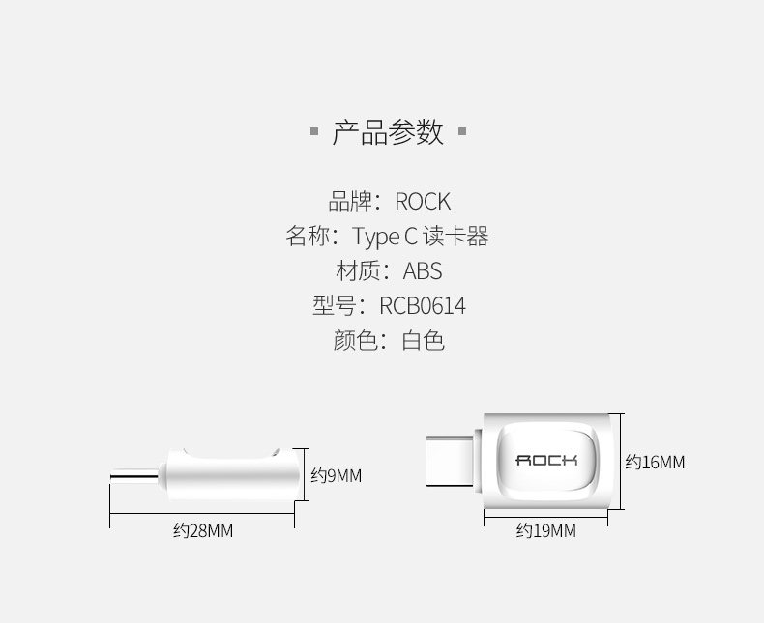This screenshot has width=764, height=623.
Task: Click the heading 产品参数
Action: (388, 131)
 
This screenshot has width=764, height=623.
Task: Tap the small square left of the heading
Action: (314, 131)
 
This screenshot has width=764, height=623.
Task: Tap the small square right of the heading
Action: (461, 131)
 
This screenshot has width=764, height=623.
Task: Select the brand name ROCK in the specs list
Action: (423, 202)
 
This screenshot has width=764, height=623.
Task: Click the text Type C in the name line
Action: (384, 237)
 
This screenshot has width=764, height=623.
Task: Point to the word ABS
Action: (423, 271)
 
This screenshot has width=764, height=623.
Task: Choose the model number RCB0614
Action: (423, 306)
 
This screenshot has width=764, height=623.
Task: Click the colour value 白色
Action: (423, 341)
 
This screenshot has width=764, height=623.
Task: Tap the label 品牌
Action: (349, 202)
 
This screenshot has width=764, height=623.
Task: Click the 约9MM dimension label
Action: (336, 475)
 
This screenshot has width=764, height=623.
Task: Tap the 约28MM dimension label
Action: (203, 531)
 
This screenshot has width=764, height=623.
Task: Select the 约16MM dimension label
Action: (655, 463)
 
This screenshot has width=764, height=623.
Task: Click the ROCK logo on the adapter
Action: (546, 460)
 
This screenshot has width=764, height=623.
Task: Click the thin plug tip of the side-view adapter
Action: (135, 475)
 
